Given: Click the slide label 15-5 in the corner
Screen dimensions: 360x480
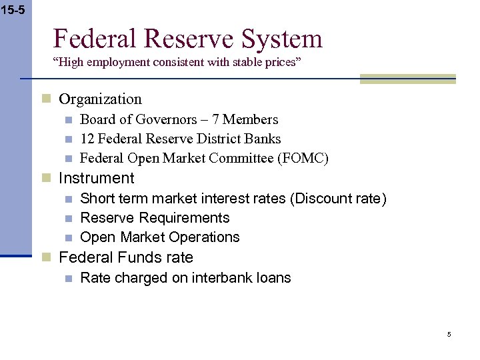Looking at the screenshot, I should tap(13, 10).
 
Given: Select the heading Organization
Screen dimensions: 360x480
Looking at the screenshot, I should tap(100, 99).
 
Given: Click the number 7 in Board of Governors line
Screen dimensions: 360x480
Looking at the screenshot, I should tap(218, 120).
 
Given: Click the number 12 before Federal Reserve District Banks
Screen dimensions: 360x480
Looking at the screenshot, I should tap(87, 139).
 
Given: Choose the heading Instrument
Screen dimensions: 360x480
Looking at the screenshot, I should tap(97, 179).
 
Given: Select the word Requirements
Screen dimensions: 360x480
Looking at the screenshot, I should tap(189, 218).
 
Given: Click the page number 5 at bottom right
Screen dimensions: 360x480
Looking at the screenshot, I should tap(449, 334).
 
